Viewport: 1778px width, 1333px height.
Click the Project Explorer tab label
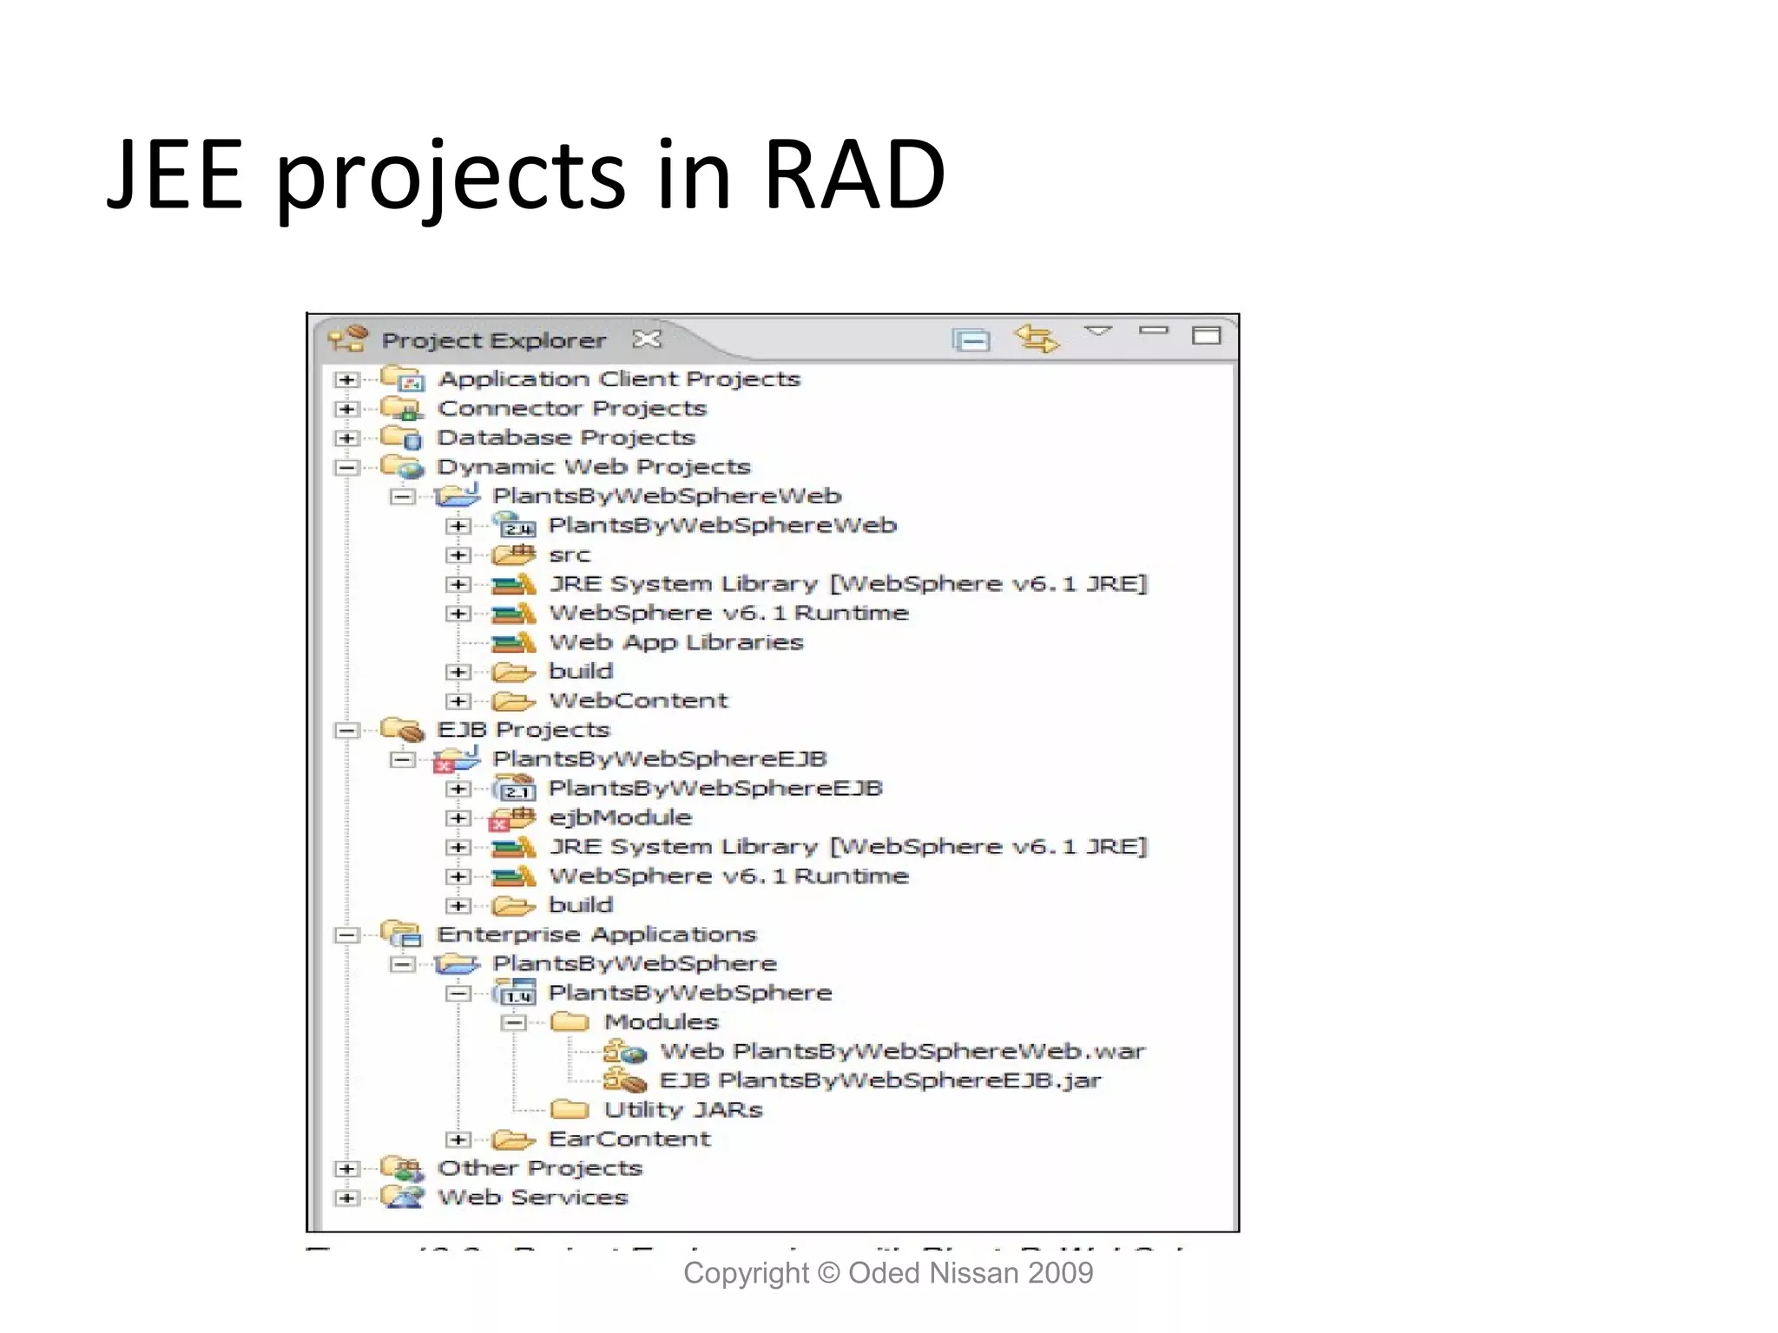(x=493, y=340)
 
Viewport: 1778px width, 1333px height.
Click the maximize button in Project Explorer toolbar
(x=1206, y=335)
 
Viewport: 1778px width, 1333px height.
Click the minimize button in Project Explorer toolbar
(x=1154, y=331)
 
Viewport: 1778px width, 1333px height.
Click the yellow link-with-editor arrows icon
(x=1037, y=338)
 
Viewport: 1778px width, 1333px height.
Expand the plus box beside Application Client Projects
(x=346, y=380)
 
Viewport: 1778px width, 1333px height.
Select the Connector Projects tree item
(x=571, y=409)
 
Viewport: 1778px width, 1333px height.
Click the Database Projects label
(x=565, y=437)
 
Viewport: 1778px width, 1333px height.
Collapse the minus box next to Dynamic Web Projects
(x=346, y=468)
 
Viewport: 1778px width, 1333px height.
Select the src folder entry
(x=569, y=555)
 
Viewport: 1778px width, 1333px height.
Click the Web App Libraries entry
(x=675, y=643)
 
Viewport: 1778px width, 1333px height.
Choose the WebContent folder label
(x=638, y=701)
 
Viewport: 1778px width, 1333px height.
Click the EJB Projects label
(x=523, y=730)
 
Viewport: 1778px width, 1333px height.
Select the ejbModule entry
(x=620, y=818)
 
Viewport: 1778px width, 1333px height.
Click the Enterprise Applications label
(x=596, y=935)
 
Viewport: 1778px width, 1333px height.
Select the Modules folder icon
(x=570, y=1021)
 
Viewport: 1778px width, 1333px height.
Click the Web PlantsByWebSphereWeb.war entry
(x=902, y=1052)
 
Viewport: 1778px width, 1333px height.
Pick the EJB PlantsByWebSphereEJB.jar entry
(x=879, y=1080)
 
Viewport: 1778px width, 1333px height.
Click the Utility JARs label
(x=682, y=1110)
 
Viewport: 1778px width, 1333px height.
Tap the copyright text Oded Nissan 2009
(x=970, y=1273)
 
